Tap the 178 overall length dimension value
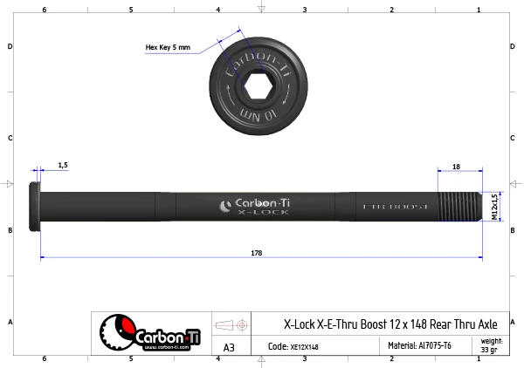pyautogui.click(x=256, y=253)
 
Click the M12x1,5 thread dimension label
pyautogui.click(x=494, y=208)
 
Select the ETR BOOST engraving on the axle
pyautogui.click(x=395, y=207)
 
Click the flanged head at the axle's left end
pyautogui.click(x=36, y=207)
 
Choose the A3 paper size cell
pyautogui.click(x=229, y=347)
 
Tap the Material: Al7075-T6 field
pyautogui.click(x=419, y=346)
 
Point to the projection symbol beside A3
pyautogui.click(x=231, y=324)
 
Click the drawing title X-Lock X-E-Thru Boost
pyautogui.click(x=390, y=324)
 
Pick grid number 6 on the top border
pyautogui.click(x=44, y=9)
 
